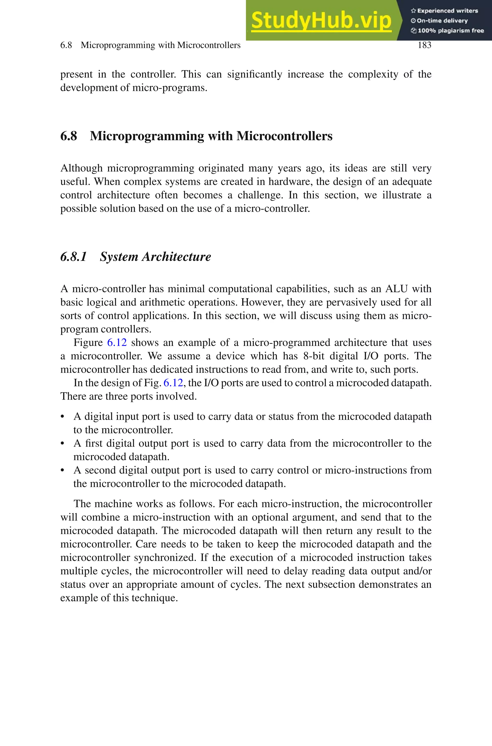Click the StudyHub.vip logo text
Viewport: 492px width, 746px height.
[x=321, y=20]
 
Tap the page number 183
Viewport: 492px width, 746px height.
[x=424, y=45]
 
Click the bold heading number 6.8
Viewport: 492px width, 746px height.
[x=68, y=136]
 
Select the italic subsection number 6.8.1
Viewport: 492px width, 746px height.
[x=74, y=257]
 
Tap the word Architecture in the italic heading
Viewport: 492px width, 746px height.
[x=176, y=257]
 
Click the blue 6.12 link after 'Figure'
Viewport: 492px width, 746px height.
[x=117, y=342]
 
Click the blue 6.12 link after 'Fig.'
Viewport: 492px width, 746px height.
[x=173, y=383]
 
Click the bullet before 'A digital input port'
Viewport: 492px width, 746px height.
[x=62, y=417]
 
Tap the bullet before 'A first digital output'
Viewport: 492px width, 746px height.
[x=62, y=444]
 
